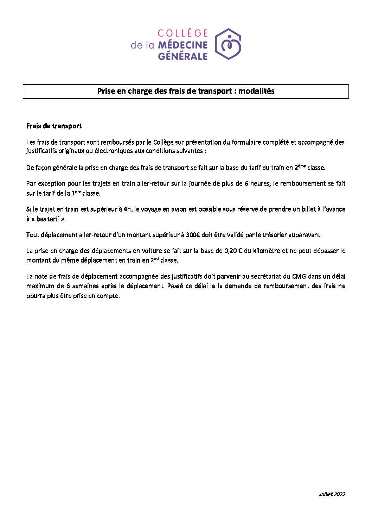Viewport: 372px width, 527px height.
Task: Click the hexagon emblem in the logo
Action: click(x=228, y=44)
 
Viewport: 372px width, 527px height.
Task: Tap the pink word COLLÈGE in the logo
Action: click(x=182, y=33)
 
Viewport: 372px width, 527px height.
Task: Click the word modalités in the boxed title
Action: click(x=256, y=91)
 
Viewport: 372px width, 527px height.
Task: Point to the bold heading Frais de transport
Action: click(x=54, y=126)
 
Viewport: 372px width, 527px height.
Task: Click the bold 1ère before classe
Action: click(x=76, y=193)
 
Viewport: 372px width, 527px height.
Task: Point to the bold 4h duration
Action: click(x=127, y=209)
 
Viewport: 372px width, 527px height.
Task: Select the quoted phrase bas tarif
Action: click(x=48, y=219)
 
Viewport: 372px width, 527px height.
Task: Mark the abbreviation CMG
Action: click(x=299, y=276)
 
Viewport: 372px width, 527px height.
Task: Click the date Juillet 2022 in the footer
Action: click(x=332, y=494)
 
